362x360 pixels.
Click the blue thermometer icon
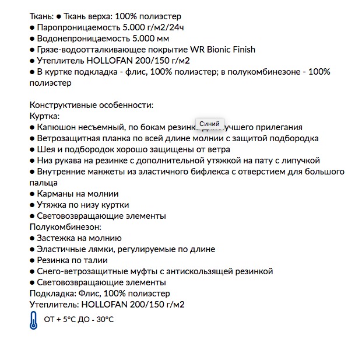pos(33,321)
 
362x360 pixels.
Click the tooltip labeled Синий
pos(209,124)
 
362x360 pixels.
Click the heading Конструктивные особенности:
pos(91,105)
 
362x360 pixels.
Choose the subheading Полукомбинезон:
pos(65,227)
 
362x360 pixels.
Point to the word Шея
pos(46,149)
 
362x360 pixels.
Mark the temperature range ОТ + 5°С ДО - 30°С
pos(79,320)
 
